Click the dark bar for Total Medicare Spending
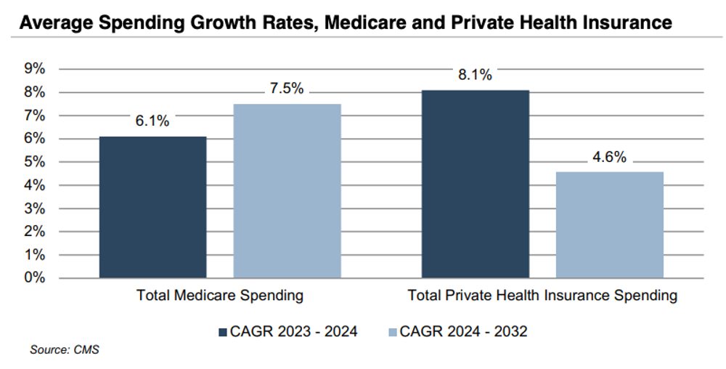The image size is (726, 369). click(x=152, y=207)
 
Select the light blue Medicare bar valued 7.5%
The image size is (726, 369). click(x=287, y=190)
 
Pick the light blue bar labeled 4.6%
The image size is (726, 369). click(x=609, y=224)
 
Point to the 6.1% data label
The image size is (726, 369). click(x=152, y=121)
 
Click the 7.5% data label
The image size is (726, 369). click(x=287, y=89)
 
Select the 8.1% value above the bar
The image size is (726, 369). click(x=476, y=74)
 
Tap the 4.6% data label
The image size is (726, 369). click(x=609, y=157)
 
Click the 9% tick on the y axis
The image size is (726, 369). click(x=35, y=69)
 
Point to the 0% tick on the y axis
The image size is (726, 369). click(x=35, y=278)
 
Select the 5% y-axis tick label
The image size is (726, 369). click(x=35, y=162)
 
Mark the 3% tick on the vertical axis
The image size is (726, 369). click(x=35, y=208)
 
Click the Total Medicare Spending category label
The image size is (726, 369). click(x=220, y=296)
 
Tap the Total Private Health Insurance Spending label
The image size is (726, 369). click(x=542, y=296)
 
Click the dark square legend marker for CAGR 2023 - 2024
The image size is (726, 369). click(x=224, y=332)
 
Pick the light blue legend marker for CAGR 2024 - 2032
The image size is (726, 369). click(x=393, y=332)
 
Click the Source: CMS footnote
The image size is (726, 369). click(x=64, y=350)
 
